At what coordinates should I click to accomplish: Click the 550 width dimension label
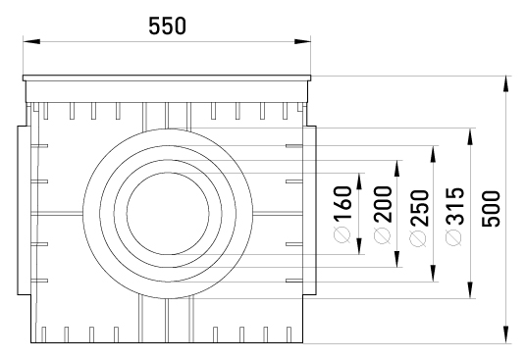pos(167,26)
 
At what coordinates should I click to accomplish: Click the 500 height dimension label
pos(491,209)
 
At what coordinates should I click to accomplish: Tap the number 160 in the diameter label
pos(342,203)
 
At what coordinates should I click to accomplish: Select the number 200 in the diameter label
pos(383,204)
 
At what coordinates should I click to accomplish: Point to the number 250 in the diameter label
pos(419,208)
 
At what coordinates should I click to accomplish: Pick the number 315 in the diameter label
pos(455,206)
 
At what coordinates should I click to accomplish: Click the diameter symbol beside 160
pos(342,234)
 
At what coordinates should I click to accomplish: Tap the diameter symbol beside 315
pos(454,237)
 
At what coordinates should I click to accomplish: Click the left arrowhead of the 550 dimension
pos(31,41)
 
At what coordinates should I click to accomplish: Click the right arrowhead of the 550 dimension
pos(302,41)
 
